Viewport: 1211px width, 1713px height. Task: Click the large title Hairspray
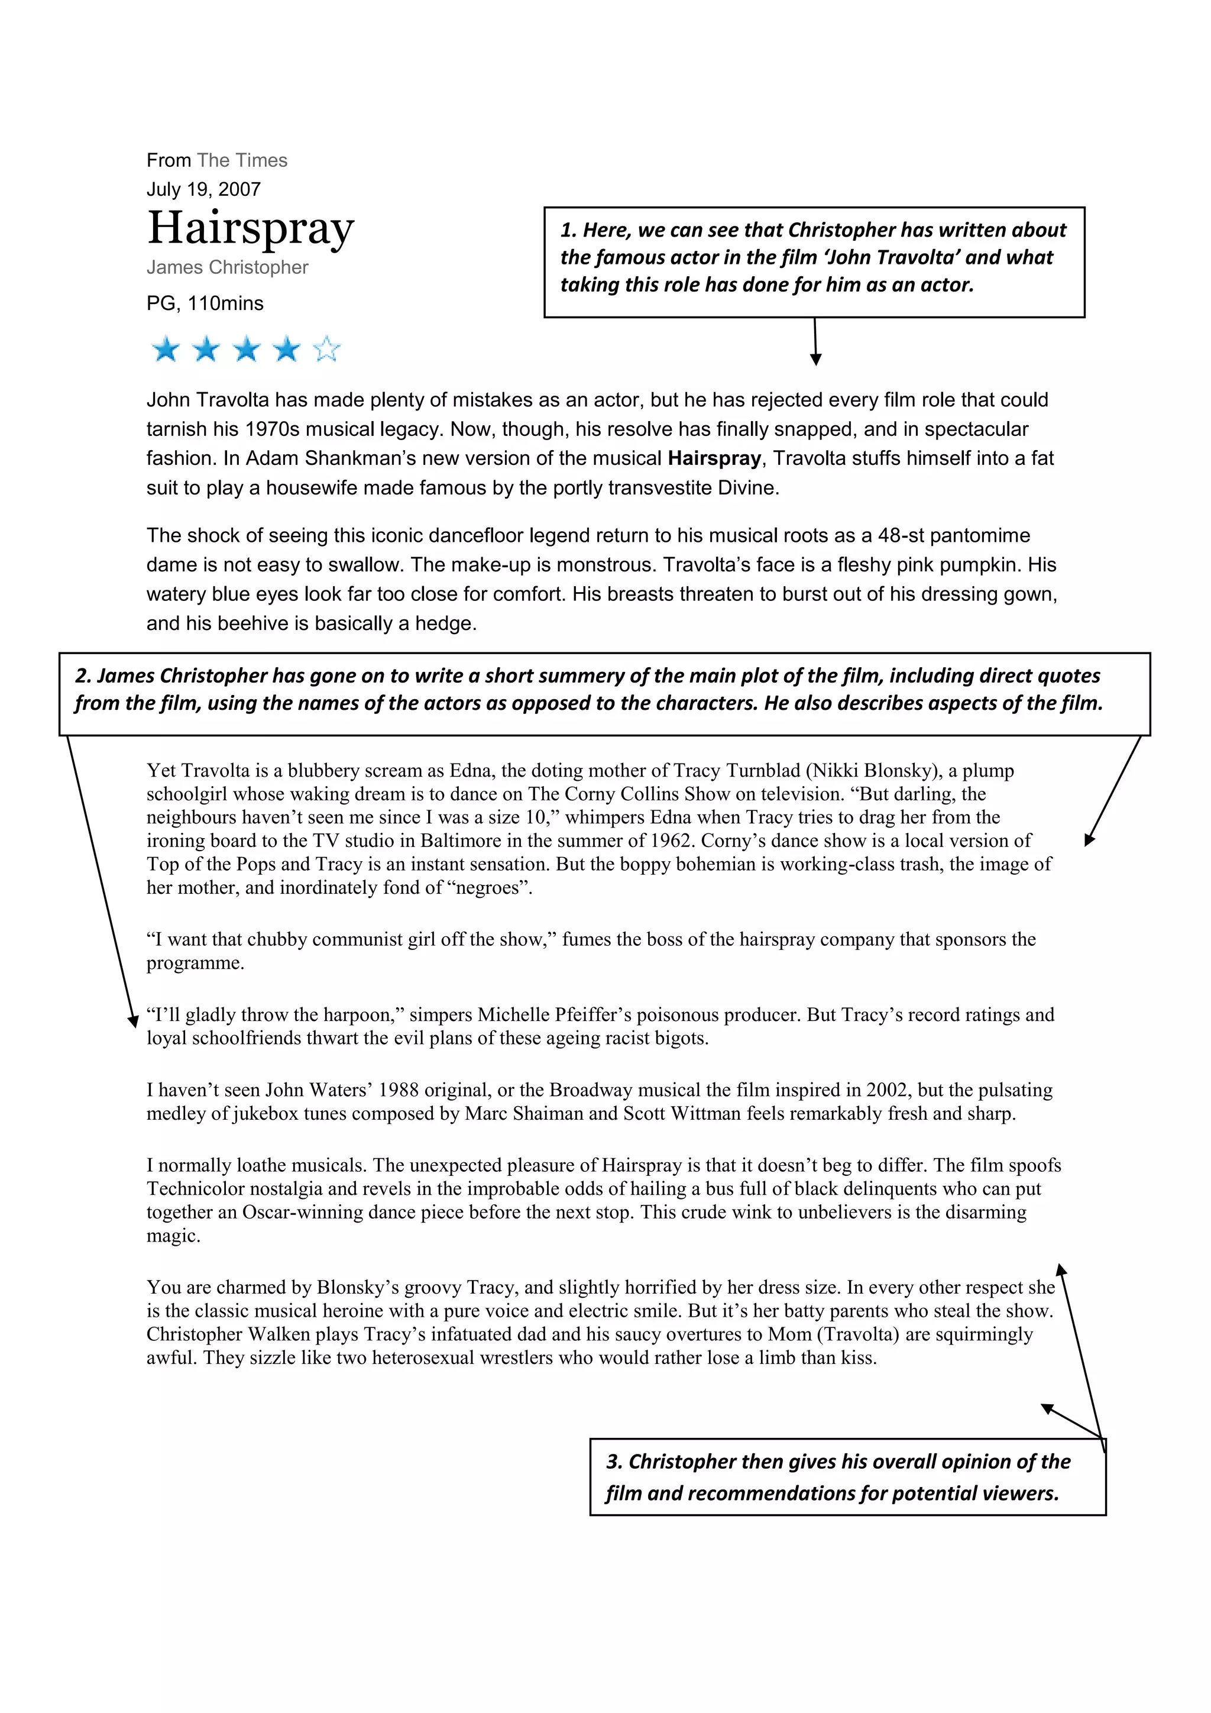(x=251, y=228)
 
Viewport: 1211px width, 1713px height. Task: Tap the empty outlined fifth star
(x=326, y=348)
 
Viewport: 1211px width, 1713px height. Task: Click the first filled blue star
(x=166, y=348)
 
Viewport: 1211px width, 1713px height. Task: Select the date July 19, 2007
(x=203, y=189)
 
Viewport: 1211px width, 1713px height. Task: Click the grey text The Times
(x=242, y=160)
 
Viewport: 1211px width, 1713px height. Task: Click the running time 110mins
(x=225, y=303)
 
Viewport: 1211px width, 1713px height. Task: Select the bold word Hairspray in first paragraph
(x=714, y=458)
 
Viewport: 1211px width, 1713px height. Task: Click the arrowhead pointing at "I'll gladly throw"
(x=134, y=1020)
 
